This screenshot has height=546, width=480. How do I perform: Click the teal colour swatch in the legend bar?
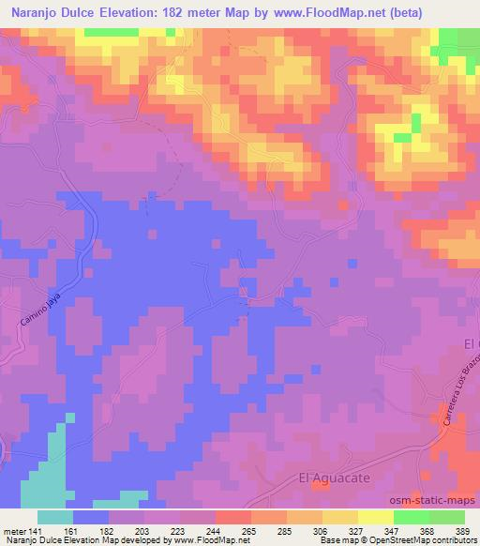(54, 516)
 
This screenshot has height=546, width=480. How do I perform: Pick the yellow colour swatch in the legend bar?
(375, 516)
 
